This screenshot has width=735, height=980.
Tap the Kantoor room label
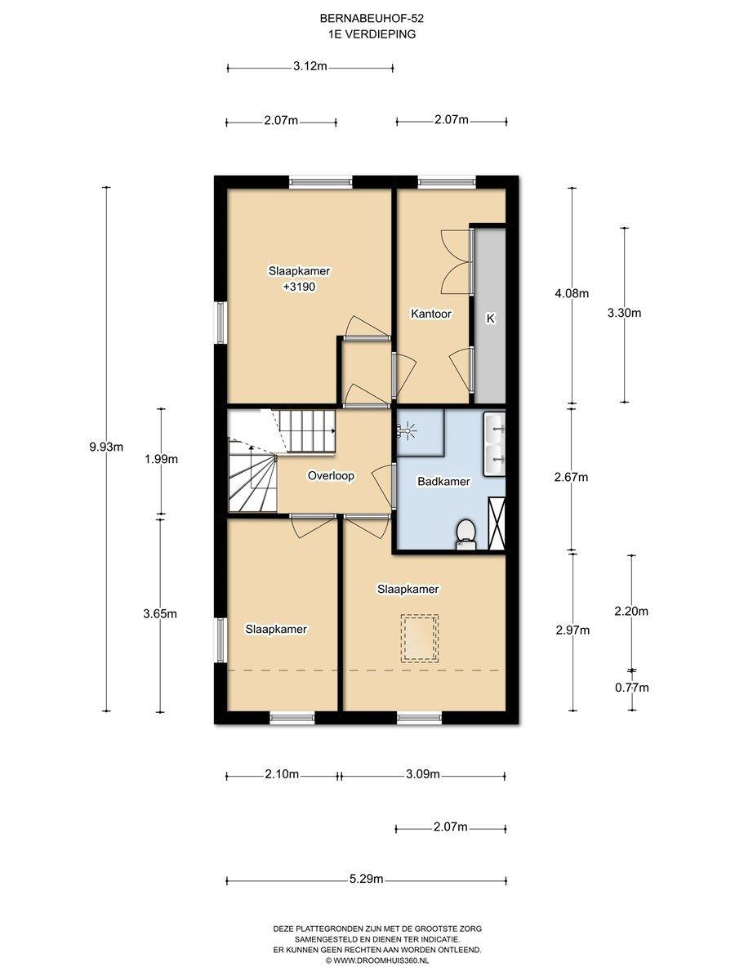click(430, 314)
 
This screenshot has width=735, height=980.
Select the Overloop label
click(331, 476)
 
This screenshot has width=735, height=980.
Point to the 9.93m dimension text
click(106, 447)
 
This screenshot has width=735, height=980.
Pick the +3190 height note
click(299, 287)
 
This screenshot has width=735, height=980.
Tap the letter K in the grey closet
click(491, 318)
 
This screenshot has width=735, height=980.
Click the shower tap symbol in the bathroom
click(405, 431)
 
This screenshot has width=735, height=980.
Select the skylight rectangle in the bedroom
click(420, 639)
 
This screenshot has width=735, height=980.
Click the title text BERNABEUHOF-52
click(372, 19)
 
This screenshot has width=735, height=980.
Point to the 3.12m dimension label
click(310, 66)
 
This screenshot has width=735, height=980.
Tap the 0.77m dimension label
click(632, 688)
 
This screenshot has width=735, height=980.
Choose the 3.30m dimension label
click(624, 313)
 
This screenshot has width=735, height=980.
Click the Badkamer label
click(443, 481)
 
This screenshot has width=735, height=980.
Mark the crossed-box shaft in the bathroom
click(497, 523)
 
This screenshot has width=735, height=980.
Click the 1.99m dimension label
click(161, 459)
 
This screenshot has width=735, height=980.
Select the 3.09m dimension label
click(422, 774)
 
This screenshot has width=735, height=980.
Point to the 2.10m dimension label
click(282, 774)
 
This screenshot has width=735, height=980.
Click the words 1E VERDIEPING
click(372, 34)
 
